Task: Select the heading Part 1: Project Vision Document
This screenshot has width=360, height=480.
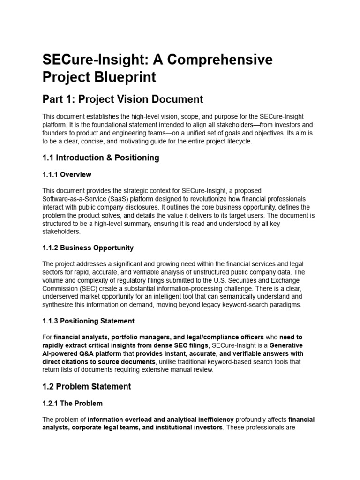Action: tap(123, 99)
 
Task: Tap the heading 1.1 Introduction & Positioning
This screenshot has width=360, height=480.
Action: tap(101, 157)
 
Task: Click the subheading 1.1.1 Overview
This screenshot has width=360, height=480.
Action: tap(67, 174)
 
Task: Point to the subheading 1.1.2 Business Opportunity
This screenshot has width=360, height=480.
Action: tap(88, 247)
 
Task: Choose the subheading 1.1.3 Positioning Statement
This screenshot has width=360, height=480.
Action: tap(89, 321)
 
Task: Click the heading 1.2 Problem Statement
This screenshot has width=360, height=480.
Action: tap(87, 386)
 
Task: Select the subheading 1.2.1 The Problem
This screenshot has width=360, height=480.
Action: tap(73, 403)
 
